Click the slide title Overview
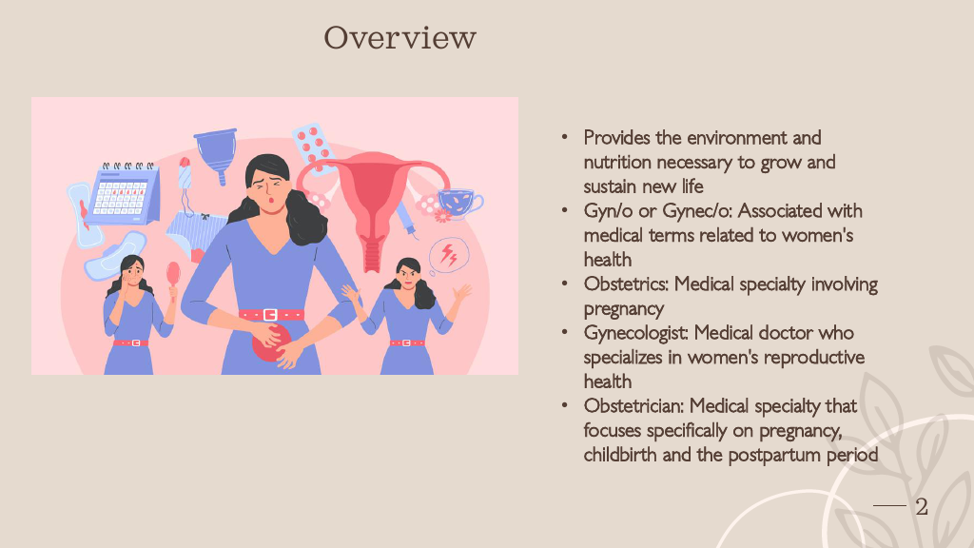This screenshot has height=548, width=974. point(400,37)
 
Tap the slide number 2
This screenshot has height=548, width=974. point(922,506)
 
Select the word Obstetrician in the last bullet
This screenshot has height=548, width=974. point(633,405)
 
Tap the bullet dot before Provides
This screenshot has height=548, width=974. point(564,137)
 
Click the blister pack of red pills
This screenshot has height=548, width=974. point(314,147)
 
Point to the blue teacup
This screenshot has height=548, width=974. point(459,203)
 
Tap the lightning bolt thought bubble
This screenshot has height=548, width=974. point(448,255)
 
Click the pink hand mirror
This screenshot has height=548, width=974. point(173,279)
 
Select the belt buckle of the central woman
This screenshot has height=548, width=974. point(270,315)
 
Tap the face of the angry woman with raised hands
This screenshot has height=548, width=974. point(409,277)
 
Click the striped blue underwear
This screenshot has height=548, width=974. point(196,235)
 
